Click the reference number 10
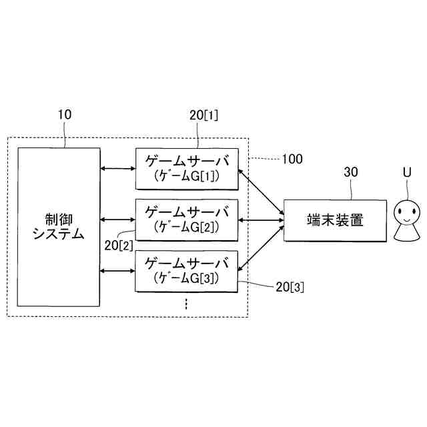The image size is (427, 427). pyautogui.click(x=65, y=114)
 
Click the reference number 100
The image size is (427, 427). pyautogui.click(x=292, y=159)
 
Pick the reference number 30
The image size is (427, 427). pyautogui.click(x=351, y=172)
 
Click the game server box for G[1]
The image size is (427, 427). pyautogui.click(x=187, y=169)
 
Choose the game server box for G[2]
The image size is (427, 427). pyautogui.click(x=187, y=219)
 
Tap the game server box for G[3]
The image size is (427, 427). pyautogui.click(x=187, y=270)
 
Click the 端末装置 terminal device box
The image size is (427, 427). pyautogui.click(x=336, y=220)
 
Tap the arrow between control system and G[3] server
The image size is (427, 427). pyautogui.click(x=117, y=270)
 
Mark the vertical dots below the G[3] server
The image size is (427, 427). pyautogui.click(x=186, y=304)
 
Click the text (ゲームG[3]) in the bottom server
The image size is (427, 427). pyautogui.click(x=186, y=277)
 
